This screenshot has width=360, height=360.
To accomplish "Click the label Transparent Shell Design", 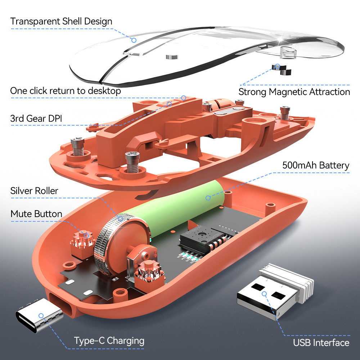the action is click(x=61, y=21).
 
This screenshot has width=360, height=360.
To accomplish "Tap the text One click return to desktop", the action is click(x=66, y=91).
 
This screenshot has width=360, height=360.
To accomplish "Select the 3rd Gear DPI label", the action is click(x=36, y=118).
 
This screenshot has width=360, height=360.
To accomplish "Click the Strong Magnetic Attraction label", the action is click(x=294, y=92).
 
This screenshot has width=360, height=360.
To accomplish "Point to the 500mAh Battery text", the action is click(x=316, y=165).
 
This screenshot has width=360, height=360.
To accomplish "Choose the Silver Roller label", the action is click(x=34, y=191).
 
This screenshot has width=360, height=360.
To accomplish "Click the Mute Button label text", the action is click(x=36, y=214).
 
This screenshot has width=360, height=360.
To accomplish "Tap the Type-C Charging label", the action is click(x=109, y=341).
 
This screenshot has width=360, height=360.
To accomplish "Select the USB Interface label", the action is click(x=321, y=343).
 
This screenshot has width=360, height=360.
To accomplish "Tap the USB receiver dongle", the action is click(x=275, y=292).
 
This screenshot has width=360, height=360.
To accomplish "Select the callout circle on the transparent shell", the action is click(x=134, y=40).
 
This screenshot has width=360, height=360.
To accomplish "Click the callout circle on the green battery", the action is click(x=208, y=198).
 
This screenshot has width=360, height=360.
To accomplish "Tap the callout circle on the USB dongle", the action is click(x=264, y=294).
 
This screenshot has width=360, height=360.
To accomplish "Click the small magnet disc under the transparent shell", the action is click(x=172, y=57).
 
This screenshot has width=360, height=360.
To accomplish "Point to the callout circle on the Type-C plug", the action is click(x=41, y=316).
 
